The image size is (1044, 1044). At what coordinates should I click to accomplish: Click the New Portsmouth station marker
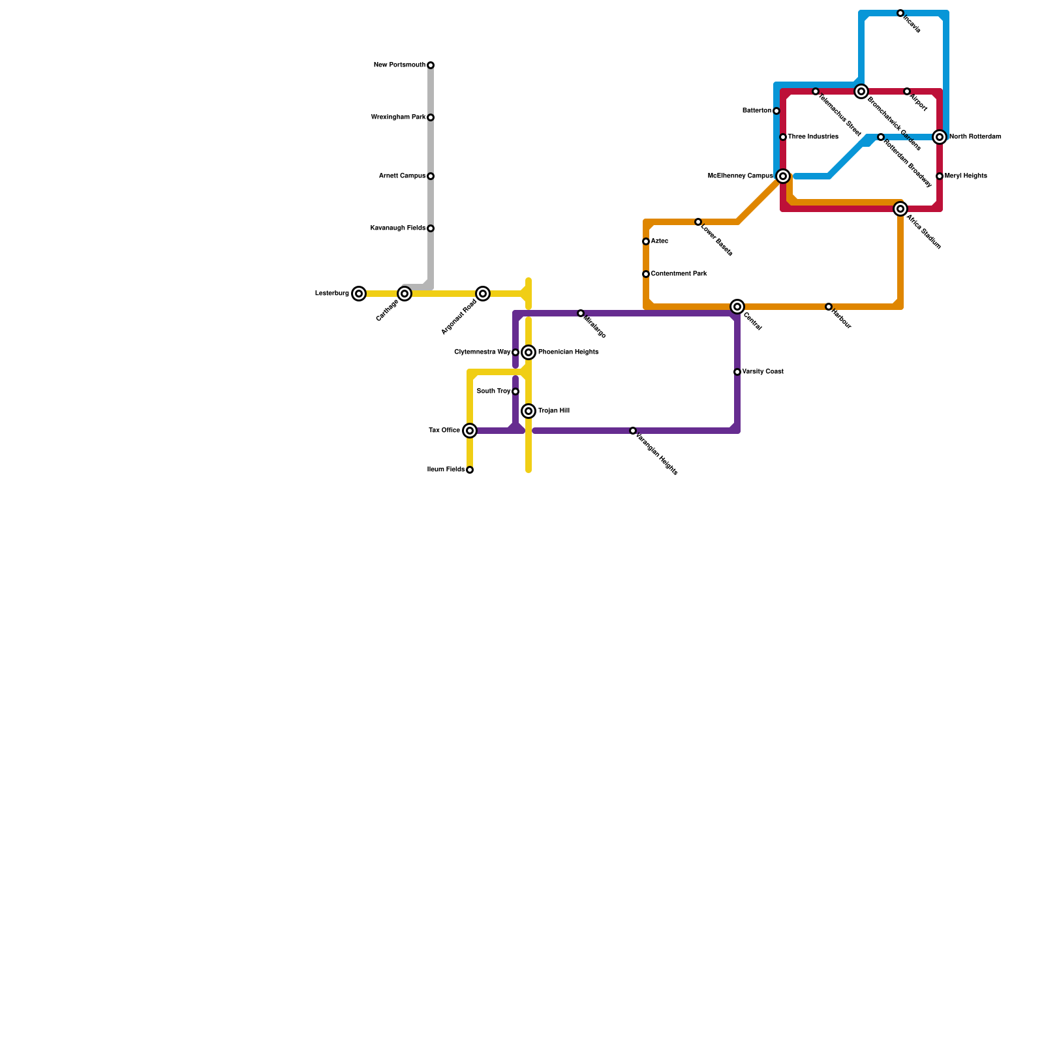point(431,65)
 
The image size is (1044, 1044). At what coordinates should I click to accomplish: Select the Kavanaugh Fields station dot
point(431,228)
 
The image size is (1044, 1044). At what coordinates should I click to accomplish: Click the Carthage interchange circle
point(405,294)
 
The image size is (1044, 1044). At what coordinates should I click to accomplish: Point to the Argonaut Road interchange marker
point(483,294)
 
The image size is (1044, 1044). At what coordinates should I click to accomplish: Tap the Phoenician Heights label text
point(568,352)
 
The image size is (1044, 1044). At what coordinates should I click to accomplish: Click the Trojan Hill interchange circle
point(529,411)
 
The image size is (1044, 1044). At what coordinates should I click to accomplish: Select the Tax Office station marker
point(470,431)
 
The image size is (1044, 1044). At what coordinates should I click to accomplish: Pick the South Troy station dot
point(515,391)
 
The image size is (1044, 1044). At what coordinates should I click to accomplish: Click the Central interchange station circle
point(737,307)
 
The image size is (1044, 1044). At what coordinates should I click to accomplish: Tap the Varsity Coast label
point(762,372)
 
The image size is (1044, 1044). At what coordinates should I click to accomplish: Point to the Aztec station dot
point(646,241)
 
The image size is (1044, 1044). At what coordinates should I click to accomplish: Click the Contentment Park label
point(679,274)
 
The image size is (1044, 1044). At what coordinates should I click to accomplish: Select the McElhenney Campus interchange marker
point(783,176)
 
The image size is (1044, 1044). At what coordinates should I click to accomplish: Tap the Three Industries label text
point(812,137)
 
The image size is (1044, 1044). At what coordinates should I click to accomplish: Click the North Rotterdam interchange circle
point(940,137)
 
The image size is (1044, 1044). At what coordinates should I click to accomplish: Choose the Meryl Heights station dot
point(940,176)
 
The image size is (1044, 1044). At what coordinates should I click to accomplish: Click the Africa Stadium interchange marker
point(900,209)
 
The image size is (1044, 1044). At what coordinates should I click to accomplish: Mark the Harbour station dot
point(829,307)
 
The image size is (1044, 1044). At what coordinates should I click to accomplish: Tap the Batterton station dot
point(776,111)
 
